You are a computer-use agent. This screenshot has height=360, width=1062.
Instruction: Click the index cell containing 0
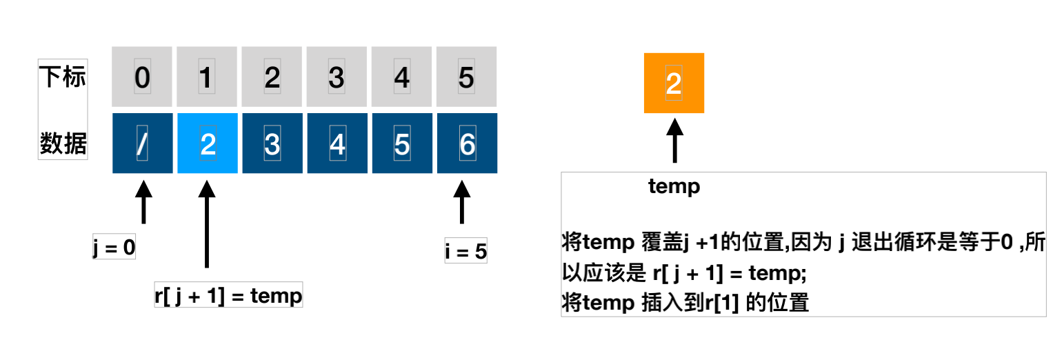point(142,77)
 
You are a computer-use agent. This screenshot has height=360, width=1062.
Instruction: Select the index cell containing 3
point(337,77)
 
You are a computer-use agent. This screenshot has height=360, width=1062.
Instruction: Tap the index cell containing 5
point(467,77)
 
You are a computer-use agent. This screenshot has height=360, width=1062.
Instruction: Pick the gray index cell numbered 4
point(402,77)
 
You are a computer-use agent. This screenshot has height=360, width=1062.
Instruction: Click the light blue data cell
point(208,143)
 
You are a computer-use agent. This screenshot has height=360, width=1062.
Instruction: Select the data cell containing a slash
point(142,143)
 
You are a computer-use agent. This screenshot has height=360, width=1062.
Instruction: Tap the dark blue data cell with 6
point(467,143)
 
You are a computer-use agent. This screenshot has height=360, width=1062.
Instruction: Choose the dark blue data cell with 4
point(337,143)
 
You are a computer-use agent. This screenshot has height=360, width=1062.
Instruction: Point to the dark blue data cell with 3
point(272,143)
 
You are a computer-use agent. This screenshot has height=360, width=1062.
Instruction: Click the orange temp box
point(674,83)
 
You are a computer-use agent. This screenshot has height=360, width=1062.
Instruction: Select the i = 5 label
point(465,252)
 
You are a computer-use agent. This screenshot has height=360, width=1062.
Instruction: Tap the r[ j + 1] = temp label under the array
point(228,296)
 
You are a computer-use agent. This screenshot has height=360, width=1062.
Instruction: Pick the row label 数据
point(62,143)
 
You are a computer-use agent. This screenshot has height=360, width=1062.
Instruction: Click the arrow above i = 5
point(461,202)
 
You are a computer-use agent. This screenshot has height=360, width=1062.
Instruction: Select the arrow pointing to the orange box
point(674,140)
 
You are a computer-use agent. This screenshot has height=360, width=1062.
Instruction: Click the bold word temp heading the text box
point(674,186)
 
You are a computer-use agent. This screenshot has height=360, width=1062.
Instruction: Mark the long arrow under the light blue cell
point(207,224)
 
